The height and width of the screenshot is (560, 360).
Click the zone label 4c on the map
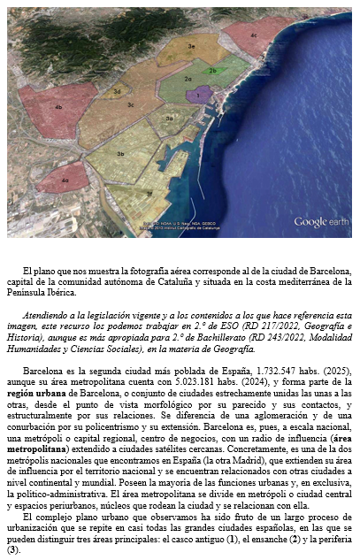click(254, 35)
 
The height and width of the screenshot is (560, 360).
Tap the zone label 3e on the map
click(191, 45)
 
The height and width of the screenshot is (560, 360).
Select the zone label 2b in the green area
click(212, 70)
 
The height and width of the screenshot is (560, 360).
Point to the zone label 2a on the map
click(188, 79)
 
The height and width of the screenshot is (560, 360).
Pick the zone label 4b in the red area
click(58, 107)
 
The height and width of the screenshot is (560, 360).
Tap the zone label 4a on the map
click(65, 180)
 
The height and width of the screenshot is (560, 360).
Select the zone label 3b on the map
click(120, 153)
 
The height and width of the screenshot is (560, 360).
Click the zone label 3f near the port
click(149, 192)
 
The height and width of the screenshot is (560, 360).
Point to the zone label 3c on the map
click(130, 104)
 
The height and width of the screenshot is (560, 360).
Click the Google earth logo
click(323, 221)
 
